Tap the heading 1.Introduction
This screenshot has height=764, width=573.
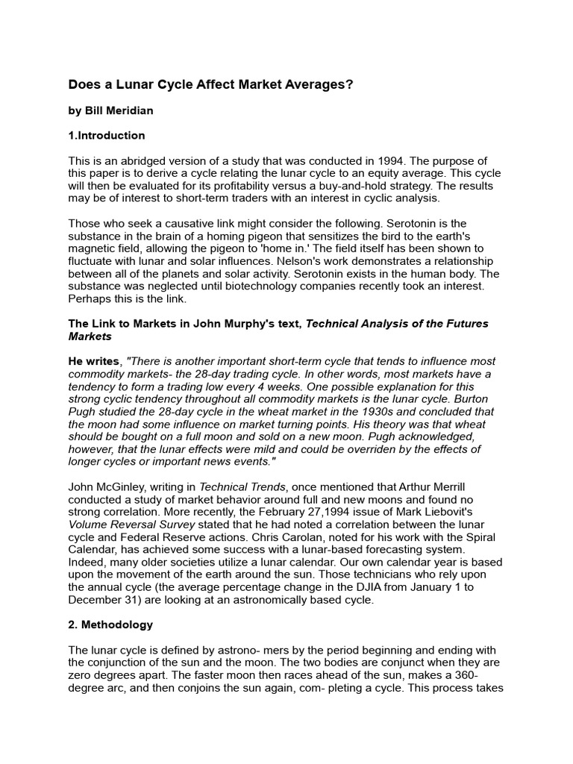coord(107,136)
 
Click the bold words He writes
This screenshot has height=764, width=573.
coord(95,361)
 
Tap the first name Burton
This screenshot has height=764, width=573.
coord(477,399)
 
